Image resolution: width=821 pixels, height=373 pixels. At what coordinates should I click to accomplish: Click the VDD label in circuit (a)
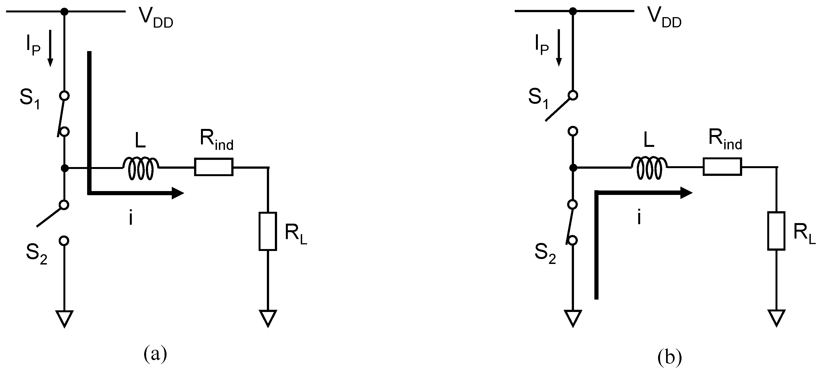(156, 18)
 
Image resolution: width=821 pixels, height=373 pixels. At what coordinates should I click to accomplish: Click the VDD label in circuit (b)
(664, 18)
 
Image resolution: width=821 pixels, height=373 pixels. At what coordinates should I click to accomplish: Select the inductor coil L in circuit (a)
(141, 168)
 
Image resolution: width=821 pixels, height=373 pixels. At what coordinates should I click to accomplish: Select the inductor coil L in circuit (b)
(650, 168)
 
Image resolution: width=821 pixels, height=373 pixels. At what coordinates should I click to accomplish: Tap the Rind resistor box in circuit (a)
(214, 167)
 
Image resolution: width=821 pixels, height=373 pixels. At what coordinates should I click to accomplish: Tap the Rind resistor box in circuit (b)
(722, 166)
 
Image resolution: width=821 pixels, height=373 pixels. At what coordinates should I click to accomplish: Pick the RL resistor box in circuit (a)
(268, 231)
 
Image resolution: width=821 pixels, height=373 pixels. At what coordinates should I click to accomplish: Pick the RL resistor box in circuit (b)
(776, 231)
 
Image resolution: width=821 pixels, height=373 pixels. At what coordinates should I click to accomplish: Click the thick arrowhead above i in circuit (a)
(177, 193)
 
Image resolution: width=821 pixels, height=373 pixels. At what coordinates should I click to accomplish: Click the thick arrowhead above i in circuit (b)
(686, 193)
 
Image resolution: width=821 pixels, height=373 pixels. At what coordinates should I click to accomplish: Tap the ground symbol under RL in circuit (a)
(268, 318)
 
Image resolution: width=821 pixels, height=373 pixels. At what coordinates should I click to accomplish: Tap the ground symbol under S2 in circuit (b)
(573, 318)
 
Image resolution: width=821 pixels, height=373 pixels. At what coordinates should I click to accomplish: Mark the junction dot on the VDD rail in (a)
(65, 12)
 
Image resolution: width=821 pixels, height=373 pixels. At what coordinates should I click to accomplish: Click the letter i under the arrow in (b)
(639, 218)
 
